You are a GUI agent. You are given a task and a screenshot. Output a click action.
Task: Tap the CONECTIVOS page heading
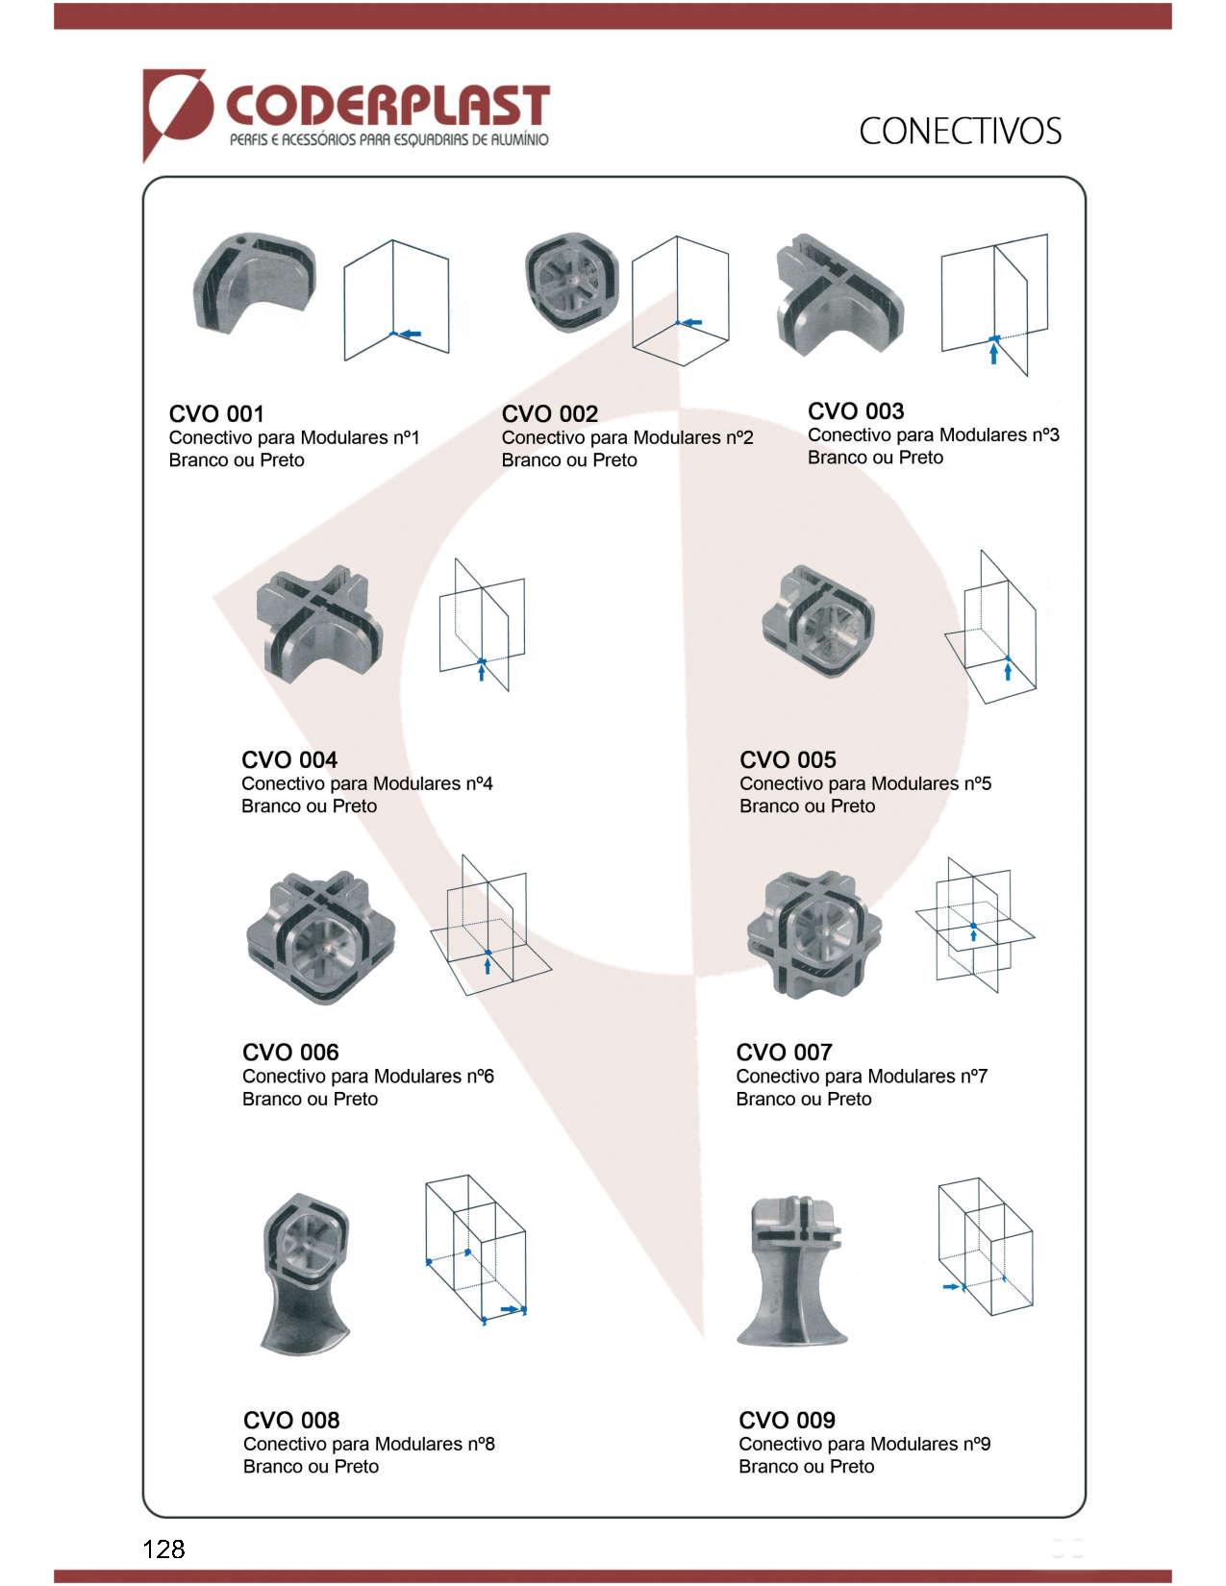[960, 132]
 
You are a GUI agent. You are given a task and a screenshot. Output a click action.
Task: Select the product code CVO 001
[216, 414]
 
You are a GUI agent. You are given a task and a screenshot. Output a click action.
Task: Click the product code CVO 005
[788, 759]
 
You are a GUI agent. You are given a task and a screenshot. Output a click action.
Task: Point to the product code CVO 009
[787, 1420]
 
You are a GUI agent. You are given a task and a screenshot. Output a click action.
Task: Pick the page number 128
[163, 1549]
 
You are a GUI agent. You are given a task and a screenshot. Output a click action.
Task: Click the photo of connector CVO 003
[838, 294]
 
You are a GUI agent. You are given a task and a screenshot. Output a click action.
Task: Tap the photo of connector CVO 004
[319, 624]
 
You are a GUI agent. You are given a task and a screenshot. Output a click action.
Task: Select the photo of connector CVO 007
[813, 935]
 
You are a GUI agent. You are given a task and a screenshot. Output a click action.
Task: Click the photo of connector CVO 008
[306, 1275]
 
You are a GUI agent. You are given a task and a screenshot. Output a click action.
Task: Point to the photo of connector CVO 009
[793, 1271]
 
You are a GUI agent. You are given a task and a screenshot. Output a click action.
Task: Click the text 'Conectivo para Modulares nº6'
[368, 1076]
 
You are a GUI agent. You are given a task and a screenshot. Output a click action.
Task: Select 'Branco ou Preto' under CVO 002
[569, 459]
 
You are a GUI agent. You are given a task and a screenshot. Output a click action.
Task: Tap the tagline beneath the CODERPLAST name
[389, 139]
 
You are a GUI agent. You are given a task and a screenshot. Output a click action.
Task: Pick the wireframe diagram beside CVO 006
[490, 925]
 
